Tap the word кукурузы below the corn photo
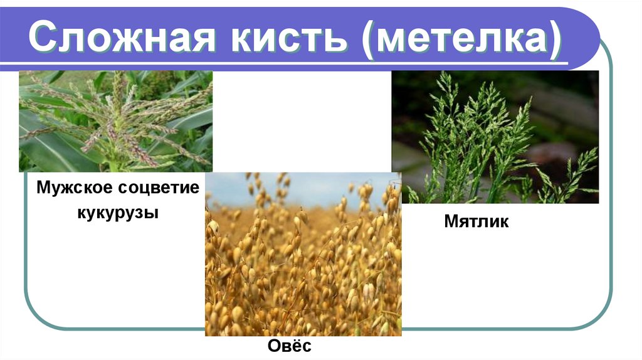(x=118, y=213)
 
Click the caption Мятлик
(x=476, y=221)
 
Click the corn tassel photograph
(x=115, y=121)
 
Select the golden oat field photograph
(x=303, y=263)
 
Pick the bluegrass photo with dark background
(x=495, y=137)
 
